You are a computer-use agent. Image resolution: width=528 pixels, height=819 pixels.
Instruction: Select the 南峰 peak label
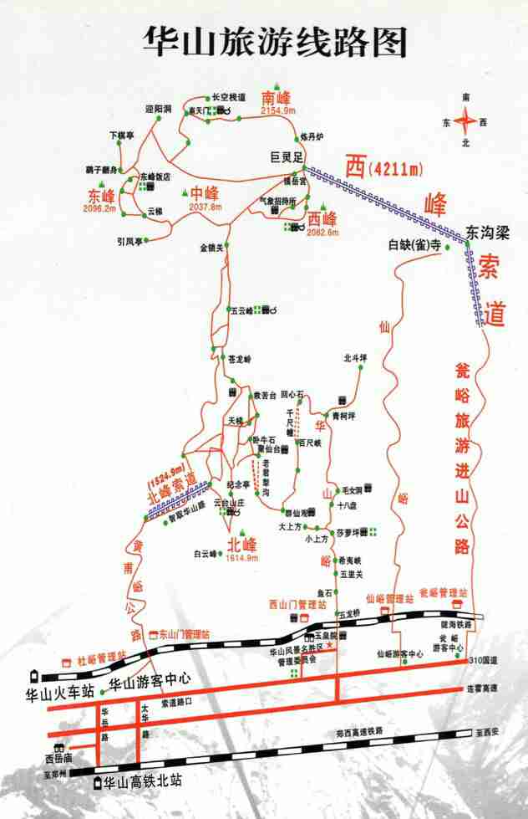(x=279, y=94)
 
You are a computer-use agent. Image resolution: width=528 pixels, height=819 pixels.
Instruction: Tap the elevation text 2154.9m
(x=279, y=110)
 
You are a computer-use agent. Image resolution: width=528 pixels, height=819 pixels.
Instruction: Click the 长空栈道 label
(x=229, y=97)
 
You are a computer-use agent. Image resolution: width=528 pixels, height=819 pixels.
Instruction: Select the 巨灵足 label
(x=290, y=156)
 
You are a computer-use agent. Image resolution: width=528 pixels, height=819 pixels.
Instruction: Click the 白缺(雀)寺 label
(x=414, y=246)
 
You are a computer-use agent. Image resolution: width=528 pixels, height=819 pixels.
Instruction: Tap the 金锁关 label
(x=212, y=248)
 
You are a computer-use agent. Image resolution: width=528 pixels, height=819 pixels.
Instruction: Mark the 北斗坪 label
(x=355, y=358)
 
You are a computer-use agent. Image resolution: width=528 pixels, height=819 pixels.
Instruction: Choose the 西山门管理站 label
(x=297, y=604)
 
